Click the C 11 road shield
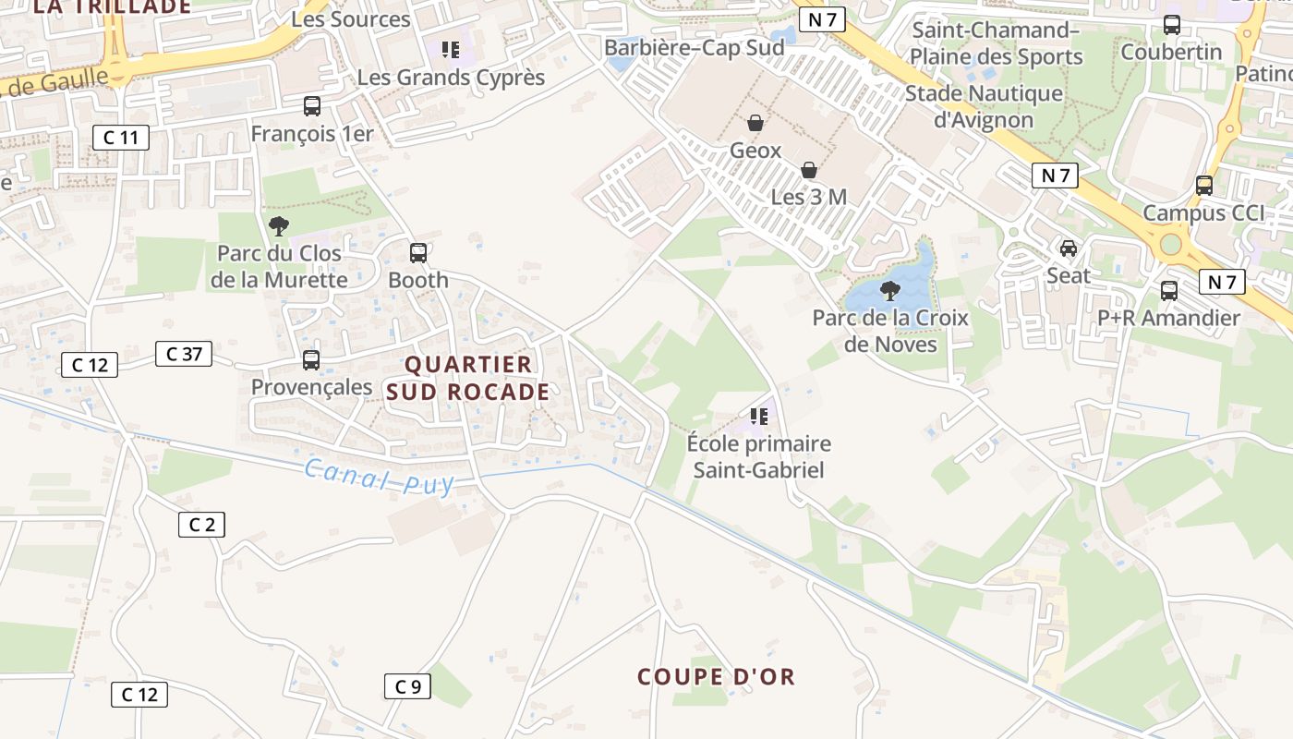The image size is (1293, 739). tap(121, 139)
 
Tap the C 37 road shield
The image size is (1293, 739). tap(184, 354)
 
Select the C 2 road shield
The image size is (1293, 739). tap(201, 525)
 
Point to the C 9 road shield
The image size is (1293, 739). tap(407, 686)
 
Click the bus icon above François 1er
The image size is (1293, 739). tap(312, 106)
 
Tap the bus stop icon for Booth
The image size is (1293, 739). tap(418, 252)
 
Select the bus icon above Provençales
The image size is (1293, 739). tap(311, 360)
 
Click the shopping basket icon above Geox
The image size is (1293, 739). tap(755, 123)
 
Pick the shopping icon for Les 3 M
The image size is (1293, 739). tap(809, 170)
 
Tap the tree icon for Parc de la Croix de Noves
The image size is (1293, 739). tap(890, 291)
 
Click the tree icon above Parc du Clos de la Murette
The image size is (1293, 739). tap(278, 226)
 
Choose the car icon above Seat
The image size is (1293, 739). tap(1069, 248)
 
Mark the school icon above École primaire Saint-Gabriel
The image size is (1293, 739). tap(759, 417)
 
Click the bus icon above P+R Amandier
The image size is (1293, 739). tap(1169, 291)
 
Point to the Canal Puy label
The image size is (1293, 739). tap(380, 476)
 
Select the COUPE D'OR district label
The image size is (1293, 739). tap(716, 677)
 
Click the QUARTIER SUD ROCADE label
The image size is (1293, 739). tap(468, 378)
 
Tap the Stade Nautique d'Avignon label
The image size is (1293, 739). tap(984, 106)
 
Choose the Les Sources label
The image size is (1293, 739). tap(350, 19)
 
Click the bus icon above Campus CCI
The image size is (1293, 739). tap(1204, 186)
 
